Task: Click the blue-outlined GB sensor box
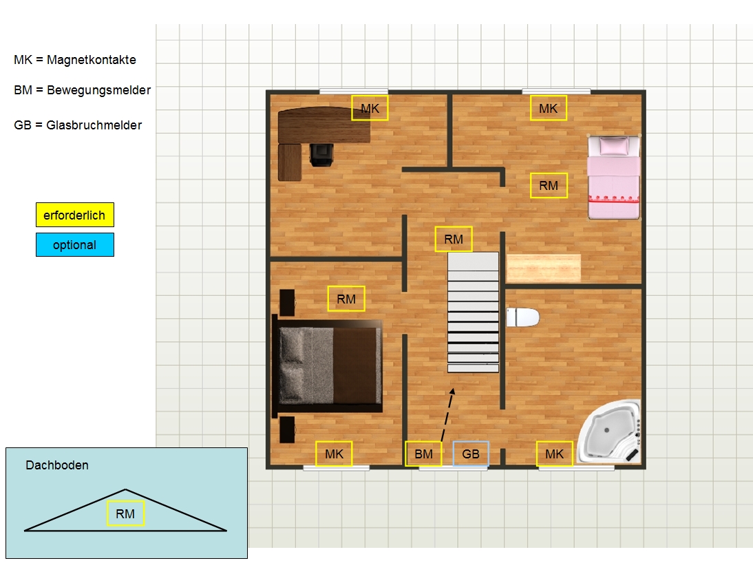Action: (x=471, y=454)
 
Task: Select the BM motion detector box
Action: (x=423, y=454)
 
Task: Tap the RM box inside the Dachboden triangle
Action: (x=125, y=513)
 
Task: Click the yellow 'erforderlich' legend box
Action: (x=75, y=215)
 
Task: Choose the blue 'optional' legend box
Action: (x=75, y=244)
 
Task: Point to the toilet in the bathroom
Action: (x=522, y=317)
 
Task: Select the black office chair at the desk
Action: (x=321, y=155)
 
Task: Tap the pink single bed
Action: (x=614, y=178)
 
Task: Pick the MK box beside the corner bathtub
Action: (x=554, y=454)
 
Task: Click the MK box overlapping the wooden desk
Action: (x=370, y=108)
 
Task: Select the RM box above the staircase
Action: (x=454, y=239)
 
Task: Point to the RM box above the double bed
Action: (x=346, y=299)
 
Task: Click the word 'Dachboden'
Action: (x=57, y=465)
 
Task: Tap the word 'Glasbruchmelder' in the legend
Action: (x=94, y=125)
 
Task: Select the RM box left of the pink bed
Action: (x=549, y=185)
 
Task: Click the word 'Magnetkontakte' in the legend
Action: (x=92, y=60)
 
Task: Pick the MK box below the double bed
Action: (x=334, y=454)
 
